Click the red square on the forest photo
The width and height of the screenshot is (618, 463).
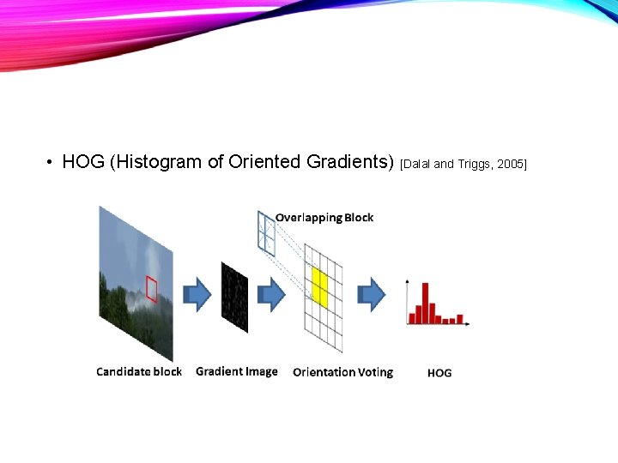click(x=152, y=288)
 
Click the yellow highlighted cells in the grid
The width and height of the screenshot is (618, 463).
click(x=320, y=287)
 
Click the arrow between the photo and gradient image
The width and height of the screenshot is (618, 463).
click(x=198, y=294)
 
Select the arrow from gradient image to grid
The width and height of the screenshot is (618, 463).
click(x=273, y=294)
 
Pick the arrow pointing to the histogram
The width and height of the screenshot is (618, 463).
click(x=372, y=294)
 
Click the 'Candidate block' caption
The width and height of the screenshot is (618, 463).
click(x=138, y=371)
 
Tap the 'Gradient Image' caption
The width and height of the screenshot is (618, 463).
click(x=237, y=371)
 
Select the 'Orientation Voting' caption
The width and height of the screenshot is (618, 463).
click(x=342, y=372)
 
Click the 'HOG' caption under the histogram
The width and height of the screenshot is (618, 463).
click(x=439, y=373)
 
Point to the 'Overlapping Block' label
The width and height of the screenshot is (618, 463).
click(x=324, y=218)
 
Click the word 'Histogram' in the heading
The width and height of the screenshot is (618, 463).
click(x=155, y=162)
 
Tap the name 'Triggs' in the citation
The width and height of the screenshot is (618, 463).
click(x=473, y=164)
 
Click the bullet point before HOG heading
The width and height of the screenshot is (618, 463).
click(x=51, y=163)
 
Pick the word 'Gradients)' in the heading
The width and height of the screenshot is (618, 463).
click(x=349, y=162)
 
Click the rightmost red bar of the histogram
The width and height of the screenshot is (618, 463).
click(x=460, y=319)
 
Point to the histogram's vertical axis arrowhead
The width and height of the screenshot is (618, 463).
click(x=407, y=281)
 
